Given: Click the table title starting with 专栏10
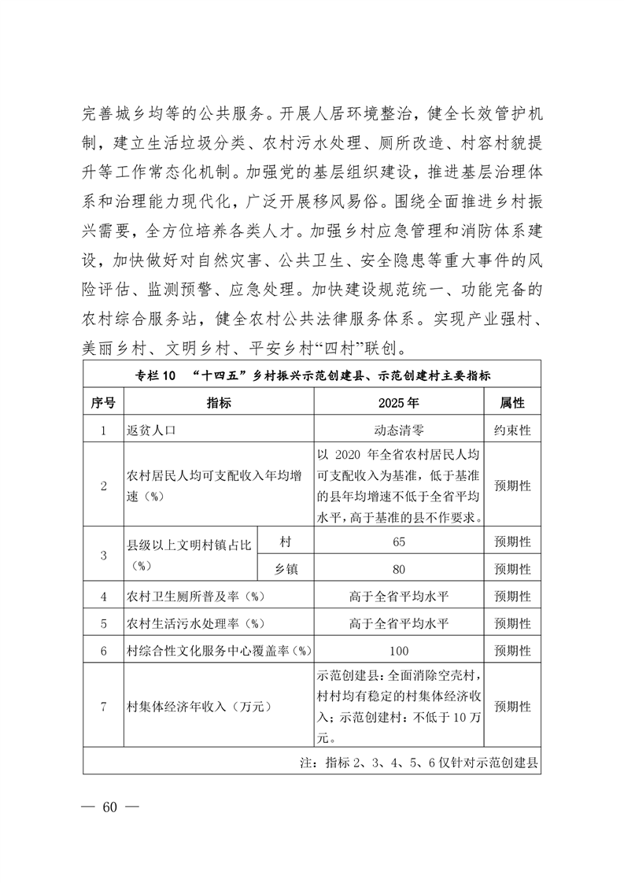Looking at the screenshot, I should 312,375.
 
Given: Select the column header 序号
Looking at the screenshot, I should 103,403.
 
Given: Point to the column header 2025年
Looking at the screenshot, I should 398,403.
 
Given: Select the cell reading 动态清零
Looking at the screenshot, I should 398,430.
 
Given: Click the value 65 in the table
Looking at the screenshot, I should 398,542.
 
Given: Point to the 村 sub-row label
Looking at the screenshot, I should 285,542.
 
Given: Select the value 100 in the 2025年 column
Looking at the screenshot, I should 398,651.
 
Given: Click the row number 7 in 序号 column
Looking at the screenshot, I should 103,706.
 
